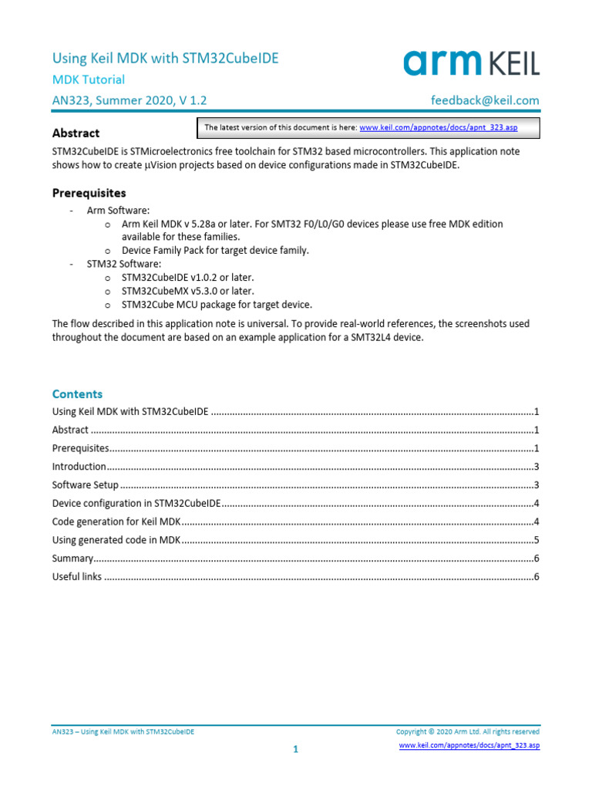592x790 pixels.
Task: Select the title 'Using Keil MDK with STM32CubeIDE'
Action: pos(165,58)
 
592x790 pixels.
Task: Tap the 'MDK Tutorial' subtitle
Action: pos(88,79)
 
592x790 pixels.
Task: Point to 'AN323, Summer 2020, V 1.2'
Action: pos(129,100)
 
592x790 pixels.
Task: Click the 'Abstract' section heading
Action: pos(76,133)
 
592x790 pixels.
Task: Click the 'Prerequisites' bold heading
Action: pos(89,193)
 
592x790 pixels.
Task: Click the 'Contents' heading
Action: pos(77,393)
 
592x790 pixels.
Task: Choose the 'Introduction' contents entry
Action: pos(79,467)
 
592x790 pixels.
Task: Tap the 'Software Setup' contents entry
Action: pos(85,485)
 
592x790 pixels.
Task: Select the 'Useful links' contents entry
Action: pos(76,576)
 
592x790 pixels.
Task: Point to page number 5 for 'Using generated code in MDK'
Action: pos(536,540)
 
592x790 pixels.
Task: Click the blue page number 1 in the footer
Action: pos(295,749)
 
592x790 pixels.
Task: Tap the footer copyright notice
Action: pos(467,731)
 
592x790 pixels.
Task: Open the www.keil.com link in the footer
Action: pos(469,746)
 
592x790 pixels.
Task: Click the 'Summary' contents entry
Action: pos(72,558)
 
